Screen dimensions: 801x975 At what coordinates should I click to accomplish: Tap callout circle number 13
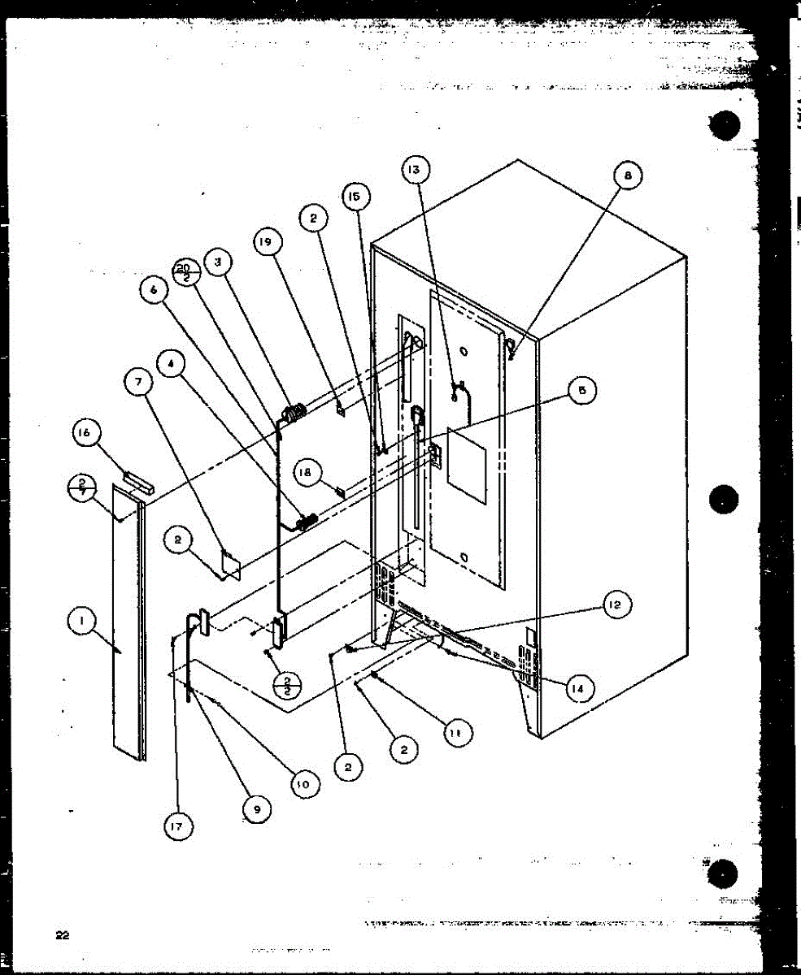(x=416, y=169)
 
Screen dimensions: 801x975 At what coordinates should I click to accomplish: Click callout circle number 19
(x=268, y=241)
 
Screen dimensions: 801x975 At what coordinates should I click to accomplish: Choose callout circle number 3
(x=218, y=262)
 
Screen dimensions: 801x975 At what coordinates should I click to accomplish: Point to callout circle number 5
(x=581, y=392)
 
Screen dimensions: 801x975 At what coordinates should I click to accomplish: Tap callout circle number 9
(x=258, y=809)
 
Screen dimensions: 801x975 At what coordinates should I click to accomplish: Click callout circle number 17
(x=178, y=826)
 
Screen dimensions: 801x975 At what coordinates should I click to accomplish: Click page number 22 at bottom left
(x=62, y=934)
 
